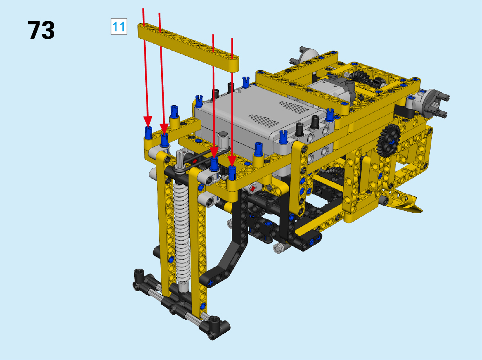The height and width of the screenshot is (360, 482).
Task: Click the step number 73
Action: [41, 30]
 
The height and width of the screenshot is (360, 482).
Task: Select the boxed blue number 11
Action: [119, 27]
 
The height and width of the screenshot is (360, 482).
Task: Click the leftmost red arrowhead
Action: [148, 121]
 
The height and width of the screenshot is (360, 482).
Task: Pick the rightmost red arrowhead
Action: [232, 161]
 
